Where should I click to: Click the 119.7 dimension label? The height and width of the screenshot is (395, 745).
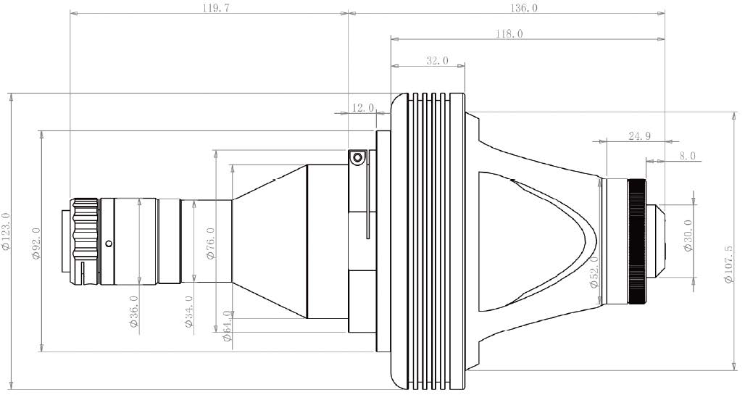pyautogui.click(x=210, y=7)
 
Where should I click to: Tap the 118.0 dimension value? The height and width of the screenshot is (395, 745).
pyautogui.click(x=509, y=34)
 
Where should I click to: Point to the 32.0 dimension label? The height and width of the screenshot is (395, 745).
pyautogui.click(x=437, y=60)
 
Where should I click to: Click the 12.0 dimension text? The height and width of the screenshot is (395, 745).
pyautogui.click(x=363, y=108)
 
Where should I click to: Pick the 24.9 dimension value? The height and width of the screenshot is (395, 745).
pyautogui.click(x=639, y=136)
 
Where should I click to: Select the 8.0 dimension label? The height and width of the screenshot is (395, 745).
pyautogui.click(x=687, y=155)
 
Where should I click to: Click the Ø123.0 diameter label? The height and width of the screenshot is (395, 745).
pyautogui.click(x=7, y=230)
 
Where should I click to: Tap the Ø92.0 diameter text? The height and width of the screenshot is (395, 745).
pyautogui.click(x=36, y=243)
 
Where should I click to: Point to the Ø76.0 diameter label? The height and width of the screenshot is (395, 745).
pyautogui.click(x=211, y=244)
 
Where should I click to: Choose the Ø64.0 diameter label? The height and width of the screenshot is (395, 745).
pyautogui.click(x=227, y=325)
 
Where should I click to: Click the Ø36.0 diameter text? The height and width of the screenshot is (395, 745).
pyautogui.click(x=134, y=311)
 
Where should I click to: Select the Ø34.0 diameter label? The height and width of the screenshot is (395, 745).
pyautogui.click(x=188, y=312)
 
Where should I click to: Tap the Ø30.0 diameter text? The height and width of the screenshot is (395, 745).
pyautogui.click(x=688, y=236)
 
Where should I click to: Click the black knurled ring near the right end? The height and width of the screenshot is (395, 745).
pyautogui.click(x=638, y=241)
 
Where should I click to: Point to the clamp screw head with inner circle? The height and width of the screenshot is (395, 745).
pyautogui.click(x=357, y=157)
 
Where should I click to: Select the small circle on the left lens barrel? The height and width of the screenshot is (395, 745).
pyautogui.click(x=109, y=244)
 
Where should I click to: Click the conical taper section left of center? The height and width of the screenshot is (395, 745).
pyautogui.click(x=270, y=241)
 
